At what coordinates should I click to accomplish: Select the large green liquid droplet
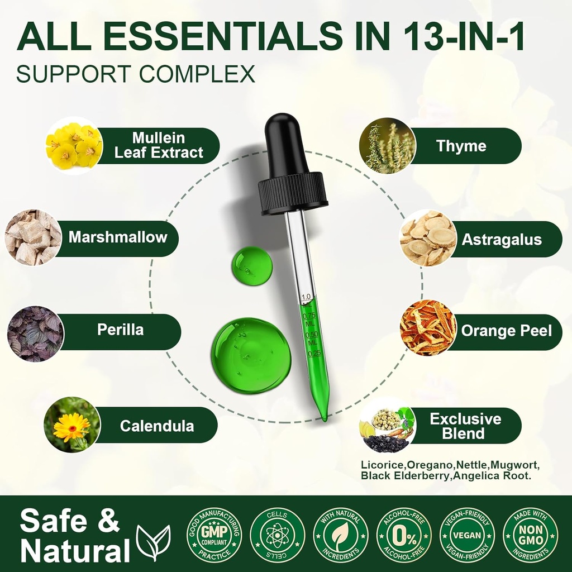pyautogui.click(x=251, y=355)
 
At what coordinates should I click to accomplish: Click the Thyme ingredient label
pyautogui.click(x=461, y=146)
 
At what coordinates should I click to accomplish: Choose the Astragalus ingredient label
pyautogui.click(x=501, y=240)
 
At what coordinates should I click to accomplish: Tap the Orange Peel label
pyautogui.click(x=506, y=331)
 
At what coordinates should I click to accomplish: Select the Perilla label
pyautogui.click(x=120, y=330)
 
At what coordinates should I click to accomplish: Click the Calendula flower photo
pyautogui.click(x=72, y=425)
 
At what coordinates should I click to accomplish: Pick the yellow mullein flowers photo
pyautogui.click(x=74, y=146)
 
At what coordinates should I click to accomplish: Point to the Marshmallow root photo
pyautogui.click(x=34, y=237)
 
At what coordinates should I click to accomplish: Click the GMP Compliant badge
pyautogui.click(x=214, y=535)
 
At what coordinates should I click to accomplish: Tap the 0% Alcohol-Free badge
pyautogui.click(x=404, y=535)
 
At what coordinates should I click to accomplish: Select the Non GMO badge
pyautogui.click(x=530, y=535)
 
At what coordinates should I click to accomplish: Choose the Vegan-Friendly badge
pyautogui.click(x=467, y=535)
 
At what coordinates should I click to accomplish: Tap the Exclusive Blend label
pyautogui.click(x=465, y=426)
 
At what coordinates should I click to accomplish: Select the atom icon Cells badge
pyautogui.click(x=277, y=535)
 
